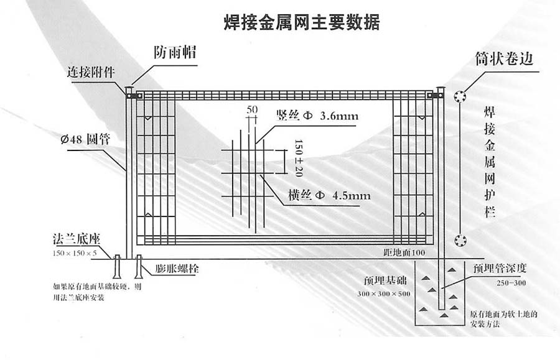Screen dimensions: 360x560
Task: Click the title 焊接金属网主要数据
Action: (301, 23)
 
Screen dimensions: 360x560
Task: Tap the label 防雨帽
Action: (175, 53)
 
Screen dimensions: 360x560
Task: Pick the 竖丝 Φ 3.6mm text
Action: (317, 116)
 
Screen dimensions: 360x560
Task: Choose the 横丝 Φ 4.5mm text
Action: (329, 195)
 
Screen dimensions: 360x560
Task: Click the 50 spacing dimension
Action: (252, 109)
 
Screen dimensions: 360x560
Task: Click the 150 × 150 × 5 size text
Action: (75, 253)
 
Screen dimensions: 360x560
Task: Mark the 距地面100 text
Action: (404, 253)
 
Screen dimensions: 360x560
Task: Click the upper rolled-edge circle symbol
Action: (460, 96)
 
